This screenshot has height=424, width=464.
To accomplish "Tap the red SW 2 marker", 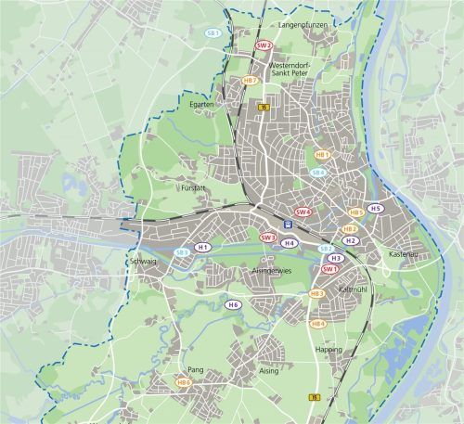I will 264,45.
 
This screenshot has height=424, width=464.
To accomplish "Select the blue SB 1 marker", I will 213,32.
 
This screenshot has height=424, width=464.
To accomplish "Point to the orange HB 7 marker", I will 250,81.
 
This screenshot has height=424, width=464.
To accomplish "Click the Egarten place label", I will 202,105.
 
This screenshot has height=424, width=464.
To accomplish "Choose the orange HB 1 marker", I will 323,155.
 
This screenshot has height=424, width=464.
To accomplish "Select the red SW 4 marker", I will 302,212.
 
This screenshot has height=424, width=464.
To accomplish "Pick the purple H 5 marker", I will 375,209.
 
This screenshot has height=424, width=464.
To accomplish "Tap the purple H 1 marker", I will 202,248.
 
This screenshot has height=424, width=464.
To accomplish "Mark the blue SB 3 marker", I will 183,252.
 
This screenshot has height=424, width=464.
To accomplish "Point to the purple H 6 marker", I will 233,304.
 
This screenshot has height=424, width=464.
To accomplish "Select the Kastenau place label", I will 403,253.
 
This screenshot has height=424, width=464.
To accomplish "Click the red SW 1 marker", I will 329,269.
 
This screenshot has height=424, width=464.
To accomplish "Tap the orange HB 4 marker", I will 317,324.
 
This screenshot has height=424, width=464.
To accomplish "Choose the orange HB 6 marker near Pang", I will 184,382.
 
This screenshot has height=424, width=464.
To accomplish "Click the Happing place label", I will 328,350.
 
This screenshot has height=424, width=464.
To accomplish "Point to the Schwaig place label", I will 141,263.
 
